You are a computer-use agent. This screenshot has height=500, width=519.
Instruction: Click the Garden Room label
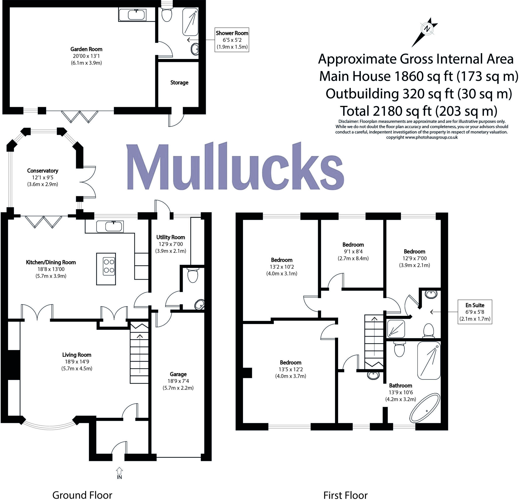86,49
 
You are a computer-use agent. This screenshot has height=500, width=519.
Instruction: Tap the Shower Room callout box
232,40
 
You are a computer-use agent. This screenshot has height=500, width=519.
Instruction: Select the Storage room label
179,83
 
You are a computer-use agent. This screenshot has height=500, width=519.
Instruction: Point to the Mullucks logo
235,167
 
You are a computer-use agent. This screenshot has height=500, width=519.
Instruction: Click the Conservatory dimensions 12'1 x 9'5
42,178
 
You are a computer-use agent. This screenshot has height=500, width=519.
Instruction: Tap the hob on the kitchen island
109,266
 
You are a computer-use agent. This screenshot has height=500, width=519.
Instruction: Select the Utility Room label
171,237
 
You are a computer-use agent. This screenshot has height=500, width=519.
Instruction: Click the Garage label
178,374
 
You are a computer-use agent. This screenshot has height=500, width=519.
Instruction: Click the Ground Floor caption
82,488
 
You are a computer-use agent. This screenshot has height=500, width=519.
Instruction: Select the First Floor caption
345,488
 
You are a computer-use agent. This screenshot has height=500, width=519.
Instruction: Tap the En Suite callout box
475,312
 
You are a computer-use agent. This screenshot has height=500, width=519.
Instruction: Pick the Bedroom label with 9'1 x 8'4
353,245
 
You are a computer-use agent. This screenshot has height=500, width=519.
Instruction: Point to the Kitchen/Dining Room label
51,262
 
